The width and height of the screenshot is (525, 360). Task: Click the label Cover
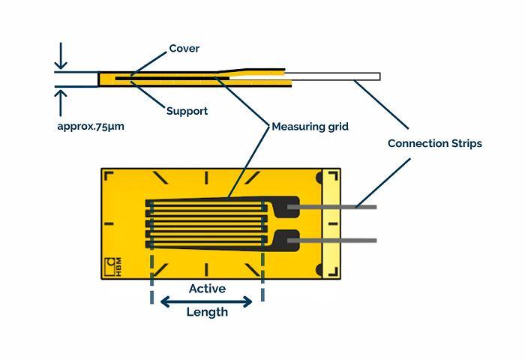[184, 49]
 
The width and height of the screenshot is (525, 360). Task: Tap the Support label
[187, 111]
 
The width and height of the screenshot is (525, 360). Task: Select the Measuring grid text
[310, 127]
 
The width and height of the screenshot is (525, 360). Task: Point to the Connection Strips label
[434, 143]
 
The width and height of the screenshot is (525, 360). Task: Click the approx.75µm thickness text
[91, 126]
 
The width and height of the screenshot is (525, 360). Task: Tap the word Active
[207, 289]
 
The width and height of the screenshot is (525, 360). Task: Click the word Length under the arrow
[207, 312]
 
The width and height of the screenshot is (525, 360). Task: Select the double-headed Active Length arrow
[207, 301]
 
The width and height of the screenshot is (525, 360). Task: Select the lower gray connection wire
[337, 241]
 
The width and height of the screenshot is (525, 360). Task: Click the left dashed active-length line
[152, 277]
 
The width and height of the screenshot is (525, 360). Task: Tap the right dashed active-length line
[262, 277]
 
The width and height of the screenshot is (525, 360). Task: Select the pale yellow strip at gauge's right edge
[331, 225]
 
